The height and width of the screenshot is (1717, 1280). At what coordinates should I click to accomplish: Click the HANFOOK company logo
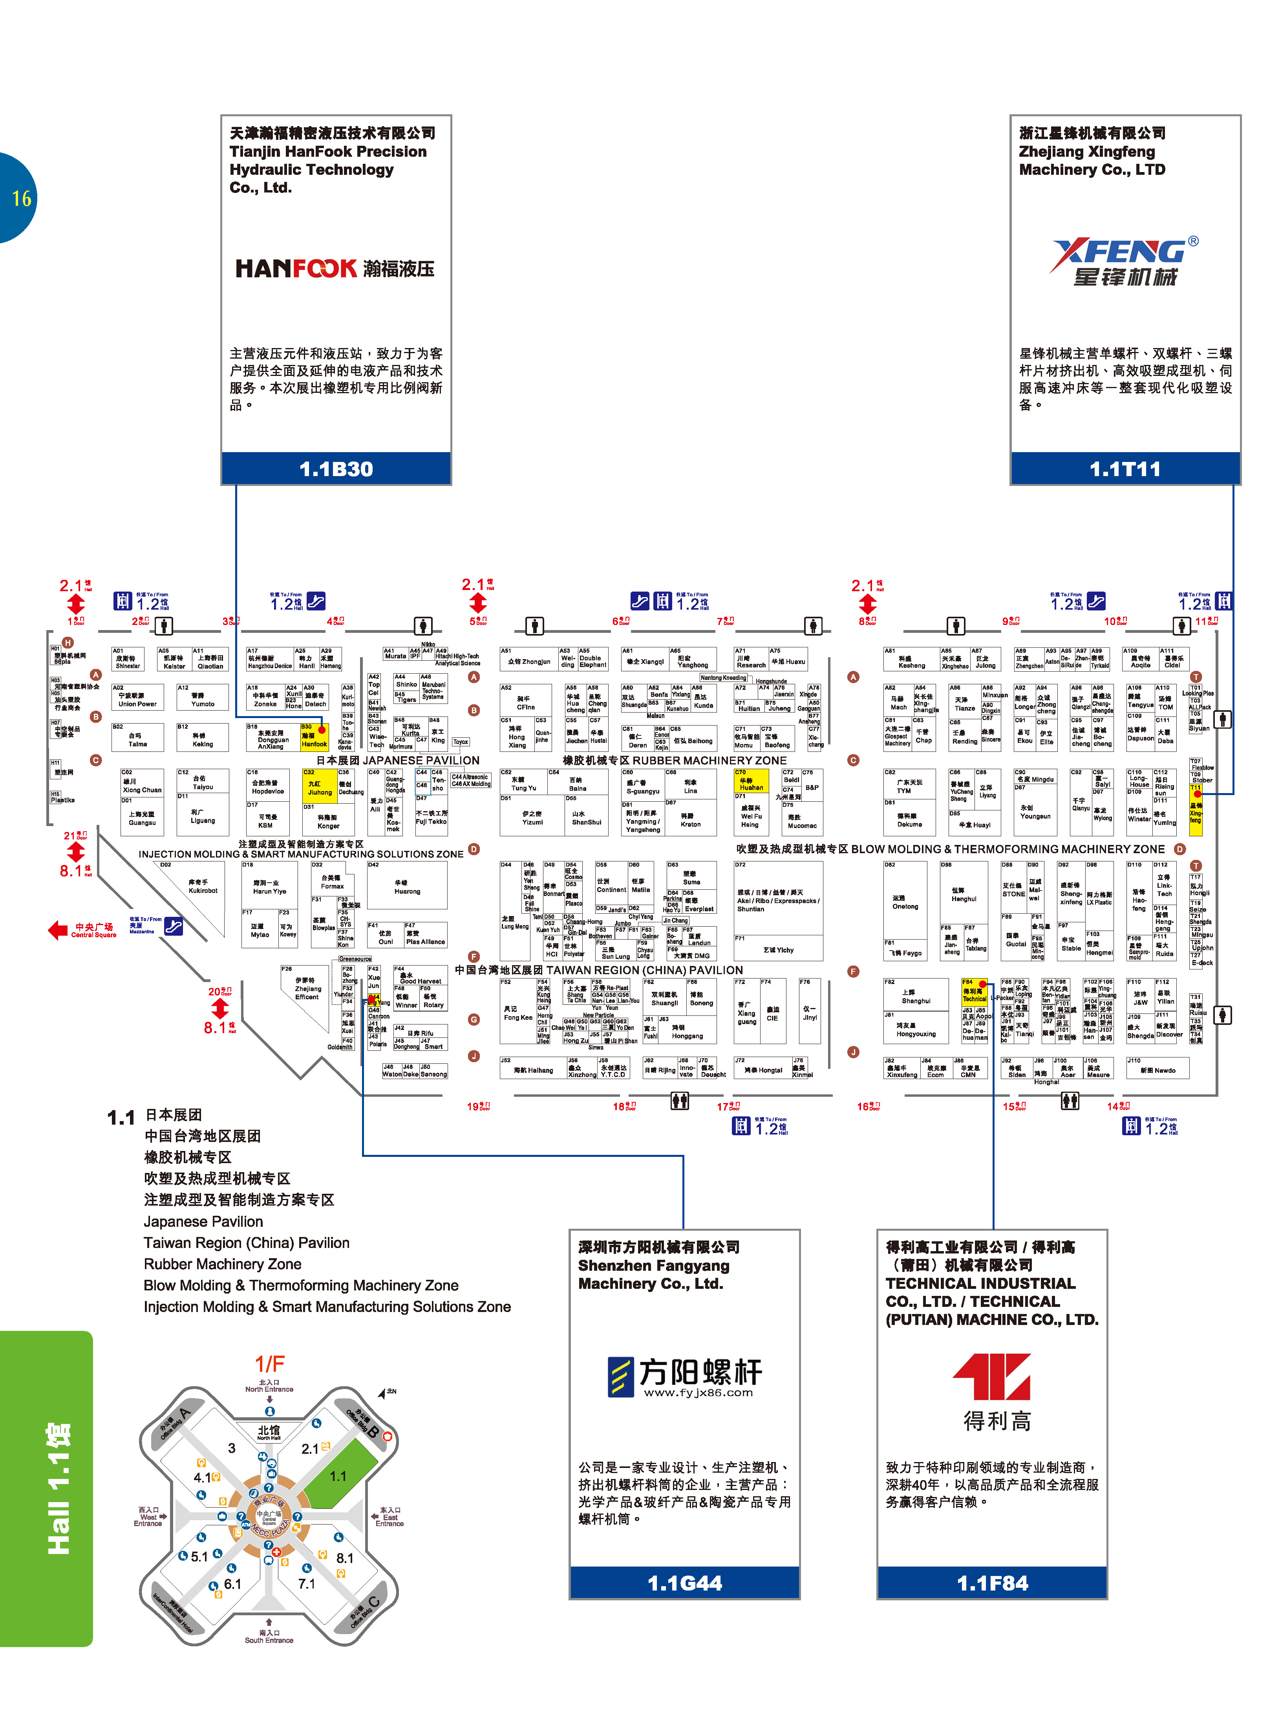coord(334,268)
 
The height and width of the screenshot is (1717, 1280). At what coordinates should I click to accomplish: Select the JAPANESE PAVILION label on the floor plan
coord(421,760)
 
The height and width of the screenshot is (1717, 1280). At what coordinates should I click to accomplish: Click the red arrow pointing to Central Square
coord(58,929)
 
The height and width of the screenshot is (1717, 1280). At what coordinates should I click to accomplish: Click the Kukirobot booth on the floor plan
coord(203,887)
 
